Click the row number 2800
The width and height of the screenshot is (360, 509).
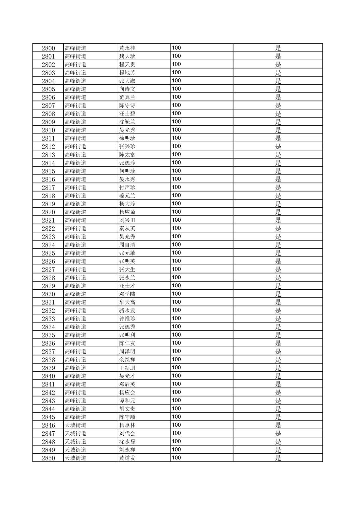(48, 48)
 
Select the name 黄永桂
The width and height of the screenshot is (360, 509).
(127, 48)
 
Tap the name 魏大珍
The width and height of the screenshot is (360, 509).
(127, 56)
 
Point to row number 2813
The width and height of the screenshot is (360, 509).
(48, 155)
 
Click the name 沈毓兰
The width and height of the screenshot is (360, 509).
(127, 122)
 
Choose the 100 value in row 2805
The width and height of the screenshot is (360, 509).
(176, 89)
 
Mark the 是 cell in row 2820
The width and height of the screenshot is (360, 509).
(278, 212)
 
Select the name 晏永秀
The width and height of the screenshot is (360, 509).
(127, 179)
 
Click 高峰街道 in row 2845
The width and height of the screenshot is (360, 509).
(75, 417)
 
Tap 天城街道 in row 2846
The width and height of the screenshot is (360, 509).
(75, 425)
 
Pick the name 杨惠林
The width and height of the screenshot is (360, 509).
(127, 425)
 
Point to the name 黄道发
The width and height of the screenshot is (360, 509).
(127, 458)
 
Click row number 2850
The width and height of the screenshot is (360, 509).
(48, 458)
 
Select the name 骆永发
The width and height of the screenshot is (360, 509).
(127, 310)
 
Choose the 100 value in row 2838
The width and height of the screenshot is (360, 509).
(176, 359)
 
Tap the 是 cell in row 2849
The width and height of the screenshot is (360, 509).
(278, 450)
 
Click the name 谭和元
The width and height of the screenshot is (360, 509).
(127, 401)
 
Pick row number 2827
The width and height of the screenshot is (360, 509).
(48, 270)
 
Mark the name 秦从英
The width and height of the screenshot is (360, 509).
(127, 228)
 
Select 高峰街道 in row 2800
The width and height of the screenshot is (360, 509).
(75, 48)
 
